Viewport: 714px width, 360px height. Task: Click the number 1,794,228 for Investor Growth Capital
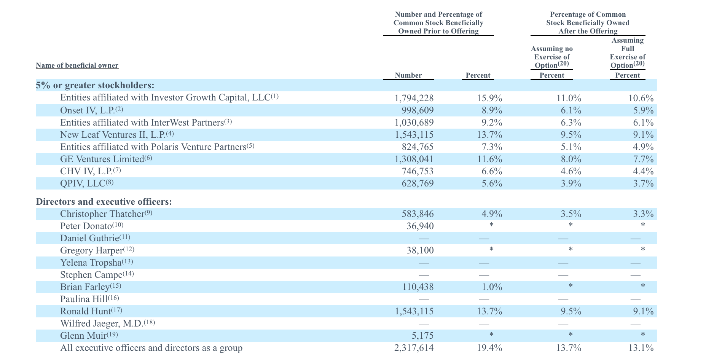(x=414, y=98)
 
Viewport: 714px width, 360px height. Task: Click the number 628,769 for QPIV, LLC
(x=418, y=183)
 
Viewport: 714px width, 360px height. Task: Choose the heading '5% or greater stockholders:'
(x=95, y=85)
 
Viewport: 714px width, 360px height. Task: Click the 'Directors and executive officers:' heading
(x=104, y=202)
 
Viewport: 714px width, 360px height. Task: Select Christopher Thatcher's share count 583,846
(x=418, y=214)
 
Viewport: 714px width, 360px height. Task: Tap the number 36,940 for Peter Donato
(x=420, y=226)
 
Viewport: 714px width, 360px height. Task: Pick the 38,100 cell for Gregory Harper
(x=420, y=250)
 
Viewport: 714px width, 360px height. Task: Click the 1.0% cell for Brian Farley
(x=492, y=287)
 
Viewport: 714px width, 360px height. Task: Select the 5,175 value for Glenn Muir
(x=423, y=336)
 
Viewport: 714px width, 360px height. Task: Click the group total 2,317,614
(x=414, y=348)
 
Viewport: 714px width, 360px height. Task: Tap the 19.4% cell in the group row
(x=489, y=348)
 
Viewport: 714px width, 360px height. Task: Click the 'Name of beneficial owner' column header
(x=77, y=65)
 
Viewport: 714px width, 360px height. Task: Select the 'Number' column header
(x=408, y=75)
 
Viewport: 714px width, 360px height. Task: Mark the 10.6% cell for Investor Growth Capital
(x=641, y=98)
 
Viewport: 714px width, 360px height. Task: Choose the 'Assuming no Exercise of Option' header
(x=552, y=57)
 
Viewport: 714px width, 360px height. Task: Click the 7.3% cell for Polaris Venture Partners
(x=492, y=147)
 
